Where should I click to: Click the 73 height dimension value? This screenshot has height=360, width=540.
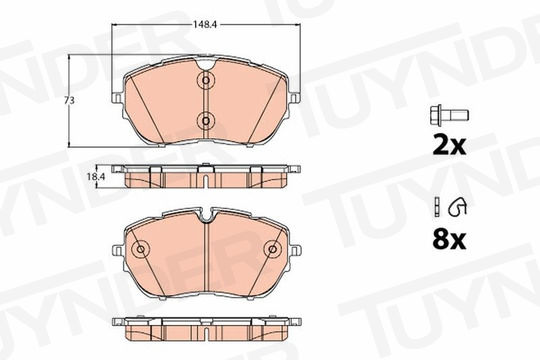click(70, 101)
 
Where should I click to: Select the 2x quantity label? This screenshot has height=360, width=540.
click(449, 146)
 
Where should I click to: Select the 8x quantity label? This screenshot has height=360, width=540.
click(449, 240)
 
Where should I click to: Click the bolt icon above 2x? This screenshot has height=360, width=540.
click(449, 115)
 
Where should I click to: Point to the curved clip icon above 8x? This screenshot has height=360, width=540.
click(457, 207)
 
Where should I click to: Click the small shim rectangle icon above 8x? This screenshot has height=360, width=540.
click(437, 207)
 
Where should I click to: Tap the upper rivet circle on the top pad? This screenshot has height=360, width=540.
click(206, 81)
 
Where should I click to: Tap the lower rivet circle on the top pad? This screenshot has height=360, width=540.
click(206, 121)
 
